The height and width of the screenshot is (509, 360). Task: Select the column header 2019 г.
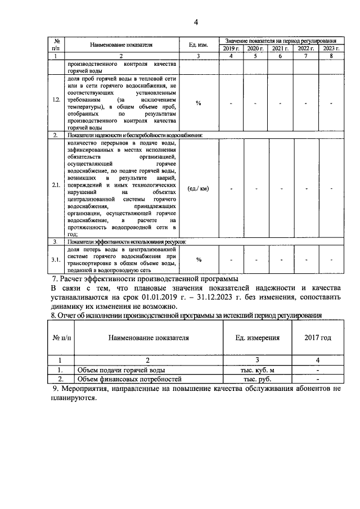click(230, 49)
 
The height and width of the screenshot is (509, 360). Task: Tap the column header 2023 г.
click(331, 49)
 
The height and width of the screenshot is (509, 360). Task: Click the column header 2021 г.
click(280, 49)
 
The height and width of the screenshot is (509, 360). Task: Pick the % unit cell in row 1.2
click(198, 103)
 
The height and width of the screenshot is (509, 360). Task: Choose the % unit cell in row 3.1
click(198, 259)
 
